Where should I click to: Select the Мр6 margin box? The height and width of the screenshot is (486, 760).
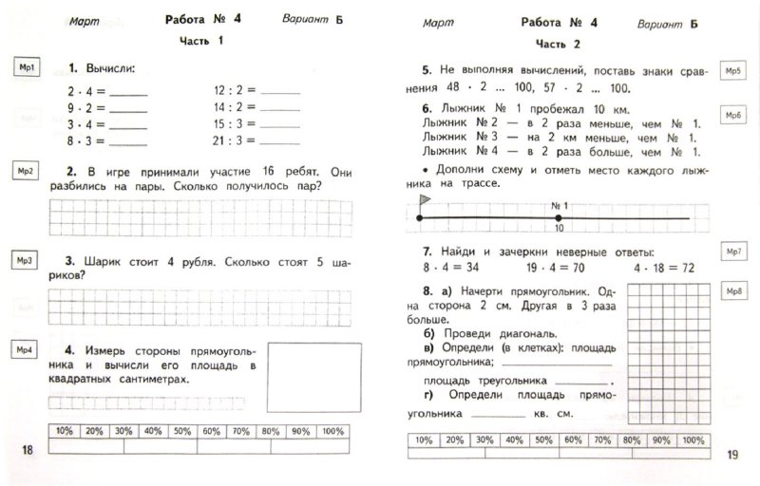[x=732, y=115]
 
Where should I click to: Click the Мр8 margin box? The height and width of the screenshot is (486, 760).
[x=732, y=290]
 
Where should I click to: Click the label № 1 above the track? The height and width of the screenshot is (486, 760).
[x=559, y=206]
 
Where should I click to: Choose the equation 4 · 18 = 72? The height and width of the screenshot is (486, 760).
[x=659, y=268]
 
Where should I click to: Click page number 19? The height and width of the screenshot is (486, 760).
[x=731, y=456]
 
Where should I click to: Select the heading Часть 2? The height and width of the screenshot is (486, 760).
[x=558, y=44]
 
